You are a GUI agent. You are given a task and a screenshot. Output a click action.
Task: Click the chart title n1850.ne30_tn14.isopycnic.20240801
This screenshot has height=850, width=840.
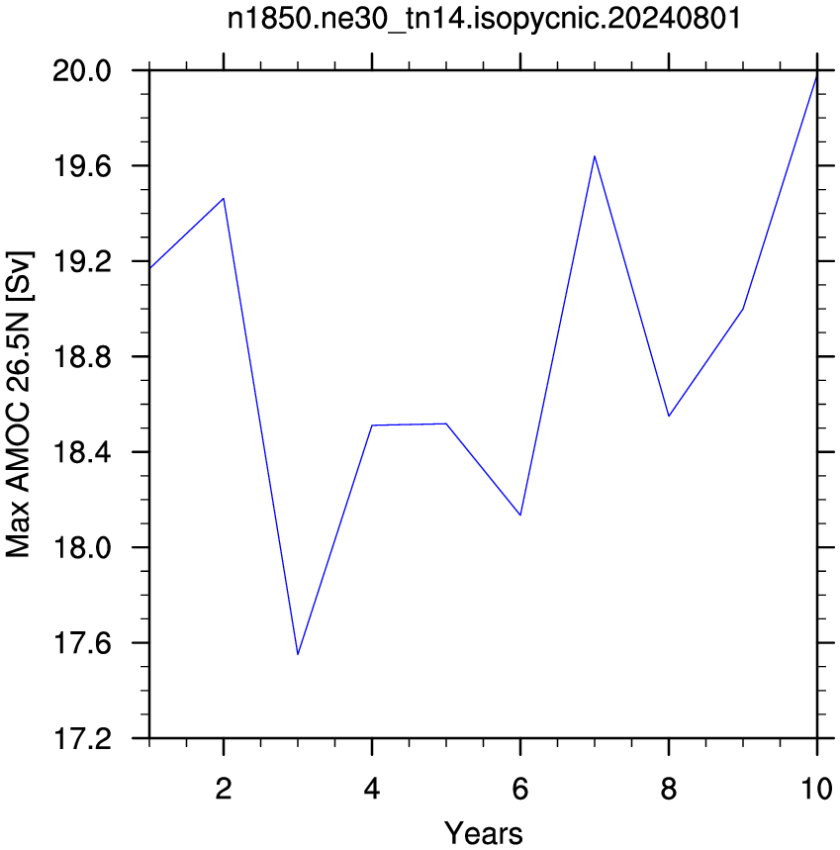[484, 19]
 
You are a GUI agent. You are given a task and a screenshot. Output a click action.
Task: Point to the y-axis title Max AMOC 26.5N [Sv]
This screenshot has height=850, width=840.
[19, 405]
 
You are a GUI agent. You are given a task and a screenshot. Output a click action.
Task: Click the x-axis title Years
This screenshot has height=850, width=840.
[484, 832]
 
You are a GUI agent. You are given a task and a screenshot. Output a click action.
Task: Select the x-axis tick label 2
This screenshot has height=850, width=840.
[224, 789]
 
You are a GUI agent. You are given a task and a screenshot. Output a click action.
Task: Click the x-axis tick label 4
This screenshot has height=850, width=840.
[372, 789]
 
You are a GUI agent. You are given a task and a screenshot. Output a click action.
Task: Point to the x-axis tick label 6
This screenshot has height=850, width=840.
[520, 789]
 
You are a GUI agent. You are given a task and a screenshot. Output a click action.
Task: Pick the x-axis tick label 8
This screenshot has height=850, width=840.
[669, 789]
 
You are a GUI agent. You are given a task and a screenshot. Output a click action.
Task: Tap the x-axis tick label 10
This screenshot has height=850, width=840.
[816, 789]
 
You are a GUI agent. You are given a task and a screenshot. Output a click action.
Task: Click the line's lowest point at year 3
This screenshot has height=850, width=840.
[298, 654]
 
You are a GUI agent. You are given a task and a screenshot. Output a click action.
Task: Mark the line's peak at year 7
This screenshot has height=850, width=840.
[595, 156]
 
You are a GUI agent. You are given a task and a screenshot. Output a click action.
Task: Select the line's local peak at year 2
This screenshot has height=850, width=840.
[224, 199]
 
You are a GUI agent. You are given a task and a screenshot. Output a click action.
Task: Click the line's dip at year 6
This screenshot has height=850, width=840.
[520, 515]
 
